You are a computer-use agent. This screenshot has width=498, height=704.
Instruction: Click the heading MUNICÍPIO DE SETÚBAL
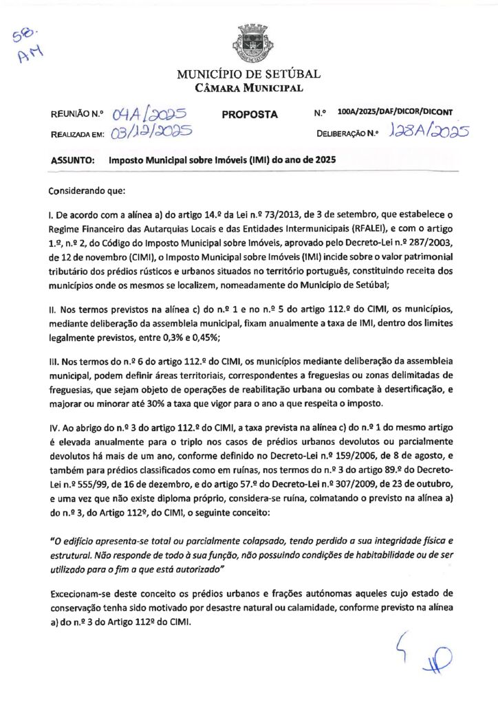tap(248, 74)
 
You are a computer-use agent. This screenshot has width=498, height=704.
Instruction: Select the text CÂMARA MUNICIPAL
tap(248, 88)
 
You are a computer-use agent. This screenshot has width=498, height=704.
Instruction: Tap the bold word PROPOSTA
tap(250, 114)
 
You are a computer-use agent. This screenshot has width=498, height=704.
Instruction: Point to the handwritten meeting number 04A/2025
tap(151, 113)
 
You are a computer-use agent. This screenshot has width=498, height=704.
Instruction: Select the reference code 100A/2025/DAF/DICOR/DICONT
tap(396, 111)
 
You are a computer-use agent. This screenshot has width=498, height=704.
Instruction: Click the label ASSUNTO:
tap(72, 160)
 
